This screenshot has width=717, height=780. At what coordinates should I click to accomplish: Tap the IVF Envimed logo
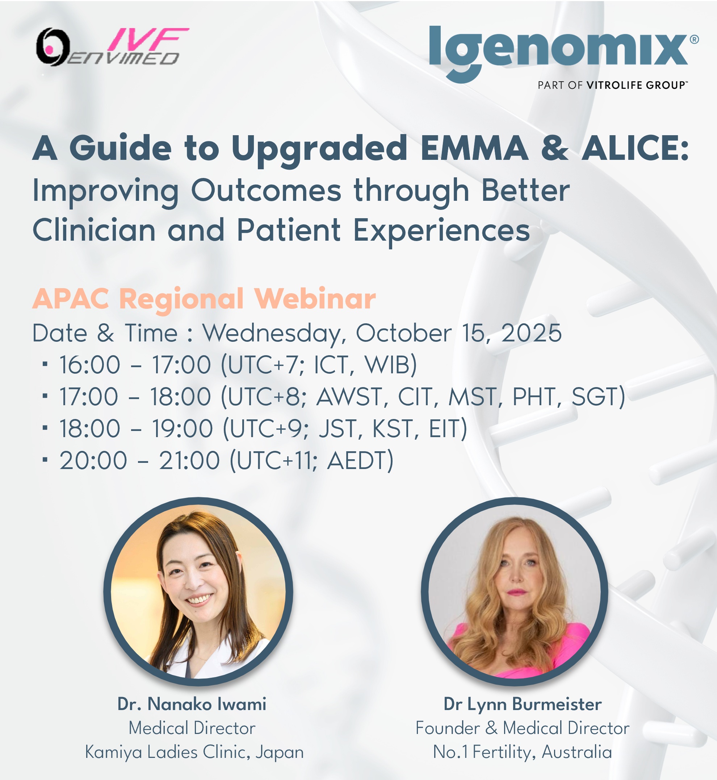[113, 47]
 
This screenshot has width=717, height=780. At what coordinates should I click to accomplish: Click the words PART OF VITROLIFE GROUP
[612, 85]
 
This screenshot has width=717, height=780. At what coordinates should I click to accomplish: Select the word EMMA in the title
[474, 148]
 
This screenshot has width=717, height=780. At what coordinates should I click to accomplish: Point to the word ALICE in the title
[635, 148]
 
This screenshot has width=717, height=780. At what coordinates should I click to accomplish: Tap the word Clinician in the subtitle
[94, 230]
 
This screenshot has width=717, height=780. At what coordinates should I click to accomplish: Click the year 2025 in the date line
[531, 333]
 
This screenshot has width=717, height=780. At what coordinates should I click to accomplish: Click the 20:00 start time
[93, 460]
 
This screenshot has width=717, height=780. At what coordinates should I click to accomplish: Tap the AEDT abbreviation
[356, 460]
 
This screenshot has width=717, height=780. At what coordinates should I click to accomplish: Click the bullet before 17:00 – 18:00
[45, 397]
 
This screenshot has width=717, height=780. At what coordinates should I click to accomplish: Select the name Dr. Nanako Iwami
[192, 704]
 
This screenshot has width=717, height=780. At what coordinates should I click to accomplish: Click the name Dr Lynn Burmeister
[523, 704]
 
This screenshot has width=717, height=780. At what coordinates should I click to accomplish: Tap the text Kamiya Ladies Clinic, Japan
[194, 752]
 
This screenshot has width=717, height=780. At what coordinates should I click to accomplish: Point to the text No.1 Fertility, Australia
[522, 752]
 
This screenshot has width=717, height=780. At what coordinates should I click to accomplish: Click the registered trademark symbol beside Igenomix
[695, 39]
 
